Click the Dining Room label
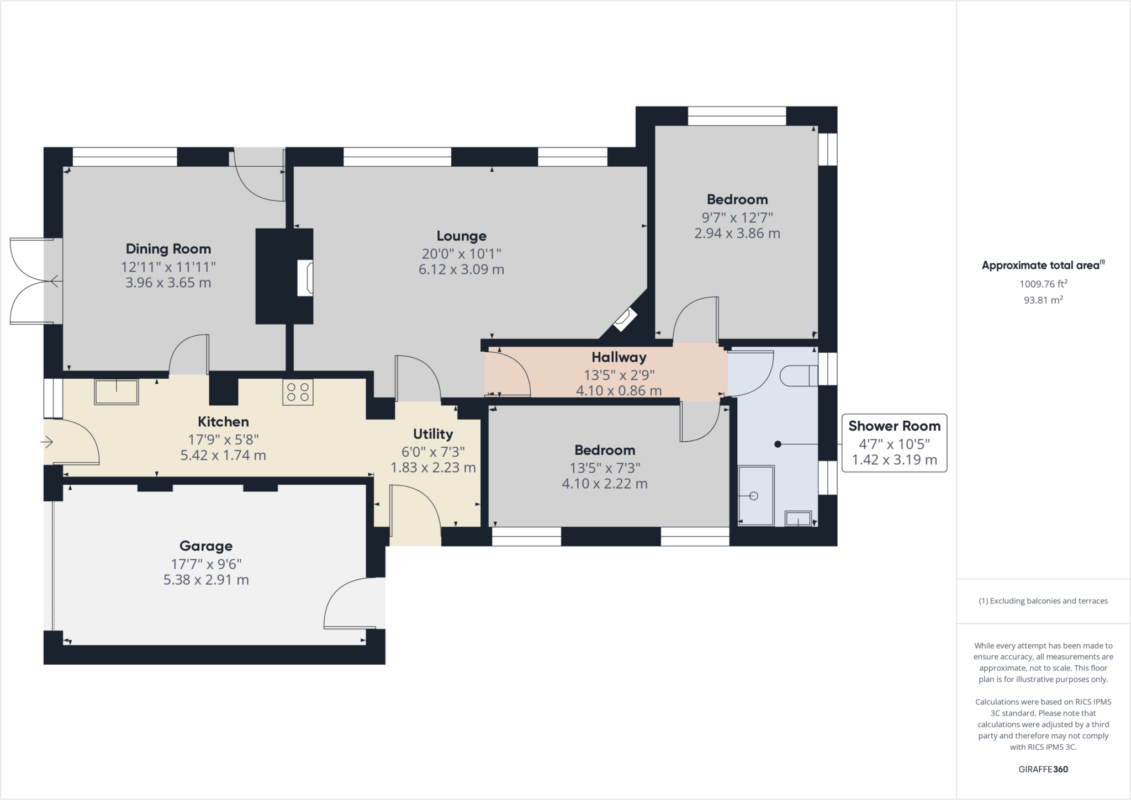click(x=168, y=249)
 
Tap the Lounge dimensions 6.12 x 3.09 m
click(x=461, y=269)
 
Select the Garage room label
click(x=205, y=546)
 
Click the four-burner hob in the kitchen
click(x=298, y=392)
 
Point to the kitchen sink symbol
click(x=116, y=392)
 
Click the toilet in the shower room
click(x=799, y=376)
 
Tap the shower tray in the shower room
click(x=755, y=496)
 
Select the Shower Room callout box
click(x=894, y=443)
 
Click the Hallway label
click(x=619, y=357)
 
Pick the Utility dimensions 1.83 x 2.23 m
click(x=433, y=468)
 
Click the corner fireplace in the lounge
click(x=625, y=320)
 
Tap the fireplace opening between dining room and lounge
click(x=305, y=278)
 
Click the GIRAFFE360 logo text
click(x=1043, y=769)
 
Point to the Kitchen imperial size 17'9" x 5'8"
click(x=223, y=439)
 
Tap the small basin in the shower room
click(x=798, y=519)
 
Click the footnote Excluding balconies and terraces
click(x=1043, y=601)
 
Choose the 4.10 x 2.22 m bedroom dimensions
click(x=604, y=484)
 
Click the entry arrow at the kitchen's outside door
click(x=46, y=442)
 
